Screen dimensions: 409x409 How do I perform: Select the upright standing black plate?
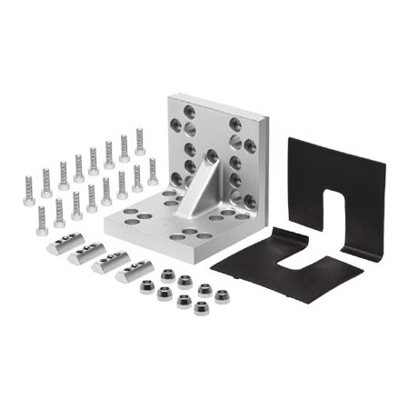pyautogui.click(x=354, y=182)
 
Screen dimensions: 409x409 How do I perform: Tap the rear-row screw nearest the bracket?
pyautogui.click(x=140, y=141)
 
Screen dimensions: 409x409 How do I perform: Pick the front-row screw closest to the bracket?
pyautogui.click(x=152, y=172)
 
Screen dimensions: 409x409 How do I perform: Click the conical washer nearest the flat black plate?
pyautogui.click(x=221, y=296)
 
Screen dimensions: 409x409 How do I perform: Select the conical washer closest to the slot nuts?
pyautogui.click(x=145, y=292)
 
